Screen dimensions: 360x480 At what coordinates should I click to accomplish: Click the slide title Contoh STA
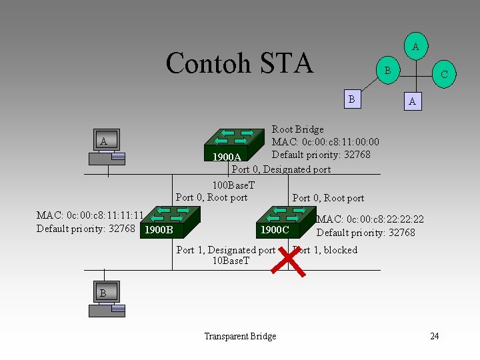coord(239,63)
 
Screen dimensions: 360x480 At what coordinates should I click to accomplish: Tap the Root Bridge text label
coord(297,129)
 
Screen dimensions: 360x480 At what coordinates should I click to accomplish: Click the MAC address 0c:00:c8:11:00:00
coord(325,142)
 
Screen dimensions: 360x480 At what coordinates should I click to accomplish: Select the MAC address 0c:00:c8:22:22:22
coord(370,219)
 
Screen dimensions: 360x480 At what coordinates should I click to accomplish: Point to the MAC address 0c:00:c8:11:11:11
coord(91,215)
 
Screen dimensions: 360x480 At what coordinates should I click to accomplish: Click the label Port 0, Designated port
coord(281,169)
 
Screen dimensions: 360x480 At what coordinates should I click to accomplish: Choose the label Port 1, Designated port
coord(225,250)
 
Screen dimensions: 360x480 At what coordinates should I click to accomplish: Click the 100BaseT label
coord(233,185)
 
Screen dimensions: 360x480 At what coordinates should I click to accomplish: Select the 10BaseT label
coord(231,261)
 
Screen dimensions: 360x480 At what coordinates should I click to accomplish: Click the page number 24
coord(434,336)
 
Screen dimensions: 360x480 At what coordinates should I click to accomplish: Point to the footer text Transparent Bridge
coord(240,337)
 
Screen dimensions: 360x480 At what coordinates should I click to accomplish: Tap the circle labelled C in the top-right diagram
coord(445,75)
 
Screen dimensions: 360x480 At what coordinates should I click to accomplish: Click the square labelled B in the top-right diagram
coord(351,99)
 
